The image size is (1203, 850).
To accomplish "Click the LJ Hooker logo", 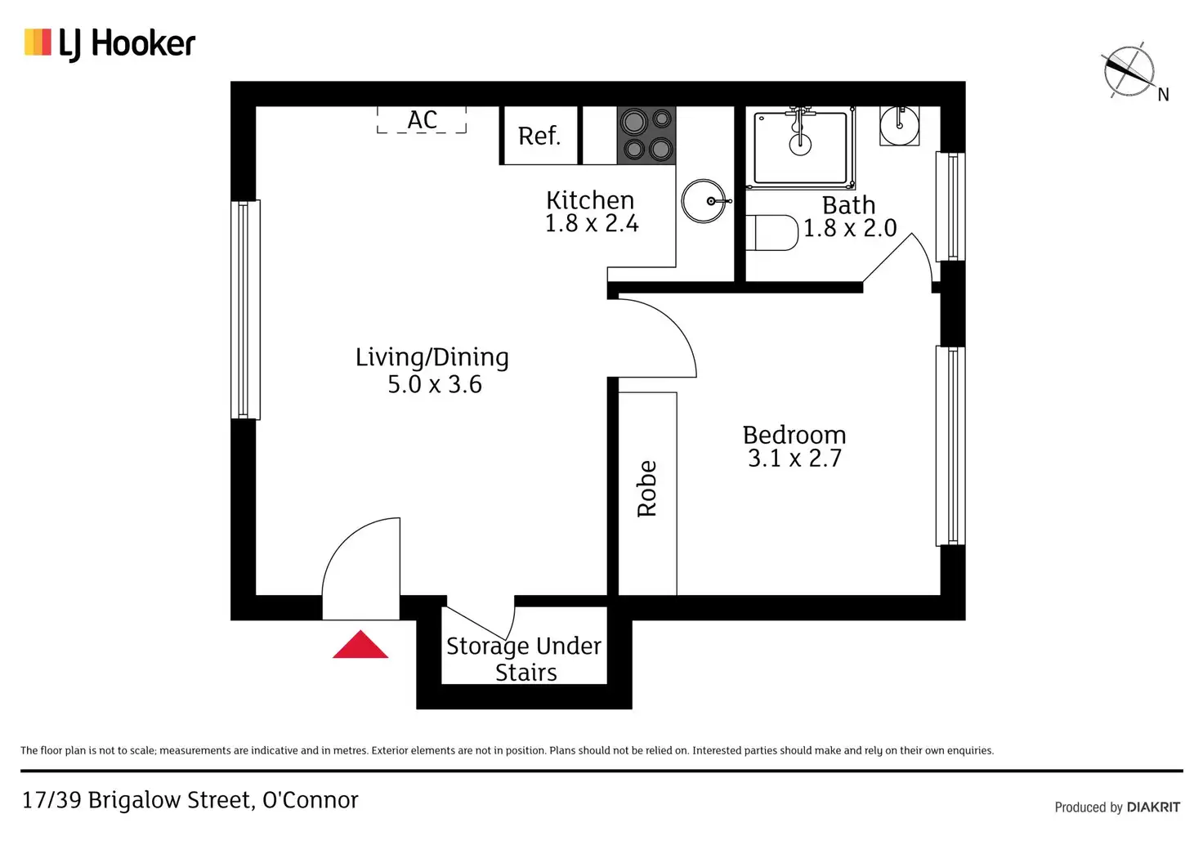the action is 110,43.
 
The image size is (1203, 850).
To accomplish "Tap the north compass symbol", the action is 1129,71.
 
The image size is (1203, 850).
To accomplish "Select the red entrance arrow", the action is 360,645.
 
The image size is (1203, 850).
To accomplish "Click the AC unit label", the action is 422,120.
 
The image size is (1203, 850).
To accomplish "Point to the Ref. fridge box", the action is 539,136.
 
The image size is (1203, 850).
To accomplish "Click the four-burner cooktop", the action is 646,136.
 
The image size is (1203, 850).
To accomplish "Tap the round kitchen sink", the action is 704,201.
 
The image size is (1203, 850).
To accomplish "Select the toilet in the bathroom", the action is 772,232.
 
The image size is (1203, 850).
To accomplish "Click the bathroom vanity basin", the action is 899,126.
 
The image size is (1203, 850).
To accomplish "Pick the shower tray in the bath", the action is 800,148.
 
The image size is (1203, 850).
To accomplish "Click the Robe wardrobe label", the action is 647,489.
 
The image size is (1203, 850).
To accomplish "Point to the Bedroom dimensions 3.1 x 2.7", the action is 794,459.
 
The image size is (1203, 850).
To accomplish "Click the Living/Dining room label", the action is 432,357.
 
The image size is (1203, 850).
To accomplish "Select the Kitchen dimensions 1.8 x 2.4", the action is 592,223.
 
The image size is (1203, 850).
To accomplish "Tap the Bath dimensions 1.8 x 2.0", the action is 850,228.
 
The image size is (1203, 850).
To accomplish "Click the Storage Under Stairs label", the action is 524,659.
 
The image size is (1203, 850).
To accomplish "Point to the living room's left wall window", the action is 245,310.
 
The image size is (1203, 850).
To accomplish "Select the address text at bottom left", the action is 190,800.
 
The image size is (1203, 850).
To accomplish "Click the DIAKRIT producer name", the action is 1153,807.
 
